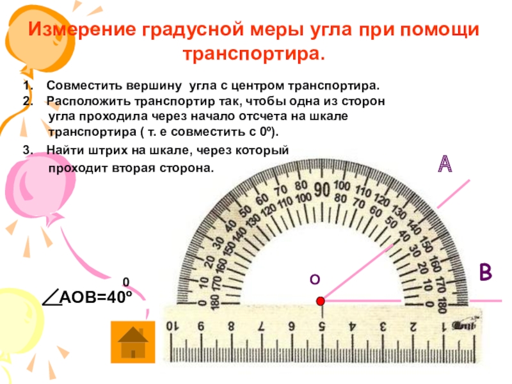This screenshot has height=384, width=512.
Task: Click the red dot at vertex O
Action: pos(321,301)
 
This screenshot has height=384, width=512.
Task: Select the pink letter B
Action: pos(486,271)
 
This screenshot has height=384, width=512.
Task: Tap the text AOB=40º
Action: pos(95,298)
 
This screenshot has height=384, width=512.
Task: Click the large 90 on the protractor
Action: pos(321,190)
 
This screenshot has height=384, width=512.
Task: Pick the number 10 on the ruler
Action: pos(172,326)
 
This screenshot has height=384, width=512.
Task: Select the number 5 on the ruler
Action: pos(322,326)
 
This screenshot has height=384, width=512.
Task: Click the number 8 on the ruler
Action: pos(232,326)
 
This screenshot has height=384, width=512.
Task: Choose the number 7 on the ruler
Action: pos(262,326)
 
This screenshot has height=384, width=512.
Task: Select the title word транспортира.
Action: pos(254,54)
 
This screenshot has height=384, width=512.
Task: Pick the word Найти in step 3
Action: pos(63,150)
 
